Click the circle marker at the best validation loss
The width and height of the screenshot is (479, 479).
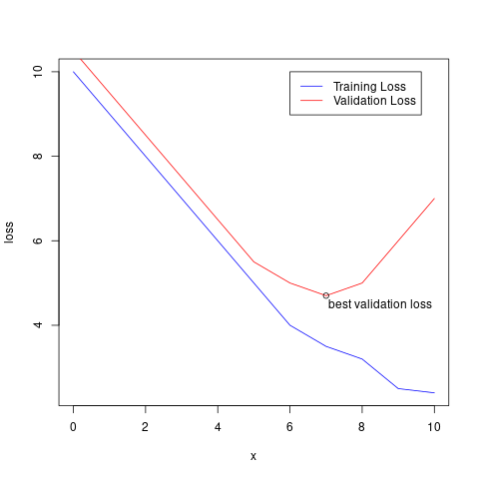tap(326, 295)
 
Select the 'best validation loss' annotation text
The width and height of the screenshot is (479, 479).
tap(380, 304)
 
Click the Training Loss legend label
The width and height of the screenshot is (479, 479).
tap(376, 86)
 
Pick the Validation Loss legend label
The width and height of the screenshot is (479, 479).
tap(374, 101)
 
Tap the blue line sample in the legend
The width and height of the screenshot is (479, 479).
tap(310, 86)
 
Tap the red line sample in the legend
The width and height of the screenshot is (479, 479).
tap(310, 101)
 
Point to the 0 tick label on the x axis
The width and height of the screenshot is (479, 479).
tap(73, 428)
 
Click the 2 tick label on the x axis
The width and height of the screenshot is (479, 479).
tap(146, 428)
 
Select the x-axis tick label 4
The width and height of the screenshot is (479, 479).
tap(218, 428)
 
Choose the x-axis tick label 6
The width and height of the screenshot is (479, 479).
tap(290, 428)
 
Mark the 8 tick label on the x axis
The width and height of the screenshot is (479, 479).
tap(362, 428)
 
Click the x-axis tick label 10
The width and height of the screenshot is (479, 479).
tap(435, 428)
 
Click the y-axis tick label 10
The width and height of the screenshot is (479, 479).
tap(38, 72)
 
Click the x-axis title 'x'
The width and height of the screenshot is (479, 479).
tap(253, 457)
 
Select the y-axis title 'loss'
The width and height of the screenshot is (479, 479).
tap(11, 233)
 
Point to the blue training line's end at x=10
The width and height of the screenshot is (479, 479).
tap(435, 393)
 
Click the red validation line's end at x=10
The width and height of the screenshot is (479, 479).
tap(435, 199)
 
